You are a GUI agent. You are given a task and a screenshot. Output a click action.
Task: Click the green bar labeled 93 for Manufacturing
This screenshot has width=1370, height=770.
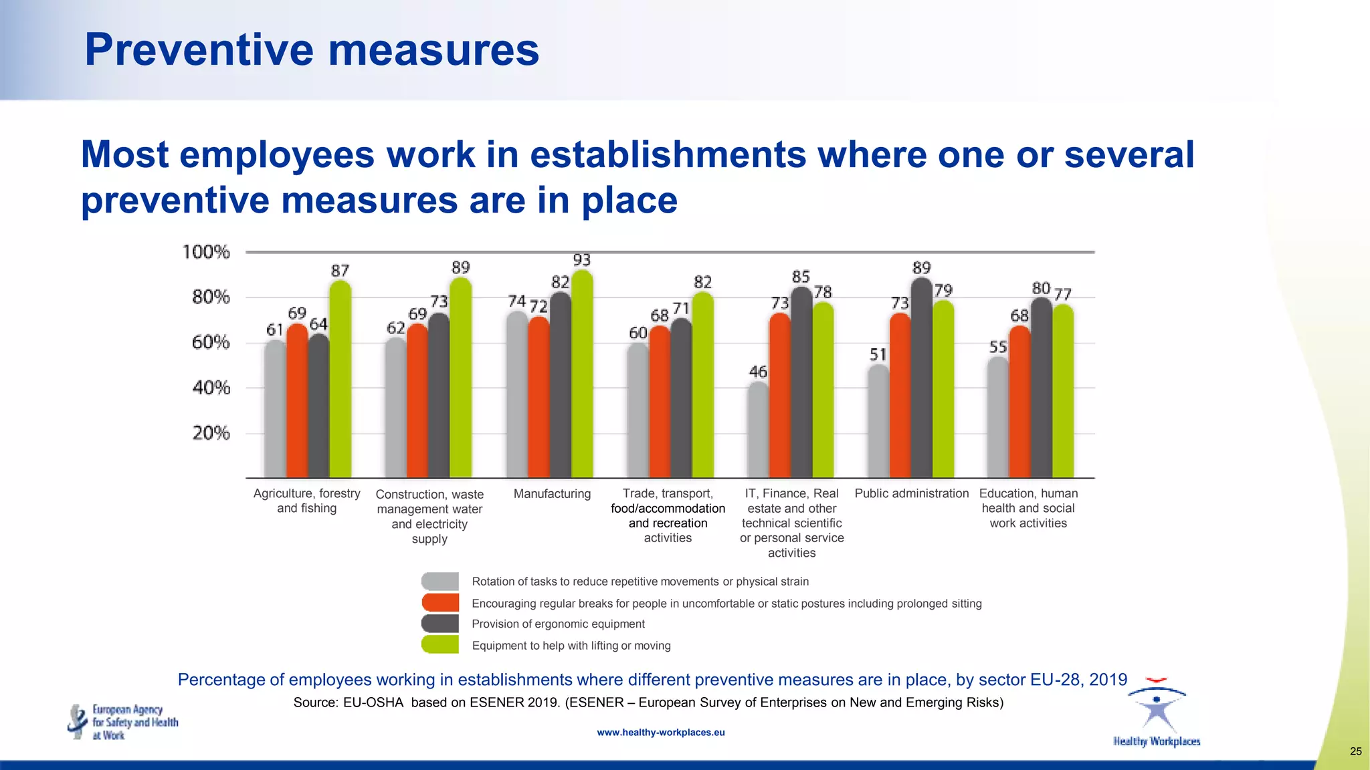(x=582, y=374)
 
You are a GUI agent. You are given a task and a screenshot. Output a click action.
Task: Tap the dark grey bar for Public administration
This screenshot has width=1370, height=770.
(x=922, y=378)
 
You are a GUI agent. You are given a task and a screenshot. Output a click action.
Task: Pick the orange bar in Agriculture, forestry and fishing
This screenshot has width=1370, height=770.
(x=297, y=401)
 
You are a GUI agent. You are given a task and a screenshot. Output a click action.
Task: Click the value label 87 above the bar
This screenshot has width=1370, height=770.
(x=340, y=271)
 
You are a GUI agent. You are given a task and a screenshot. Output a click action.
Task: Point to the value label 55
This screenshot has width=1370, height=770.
(x=998, y=348)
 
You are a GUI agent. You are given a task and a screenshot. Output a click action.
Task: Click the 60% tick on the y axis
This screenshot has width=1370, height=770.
(x=211, y=343)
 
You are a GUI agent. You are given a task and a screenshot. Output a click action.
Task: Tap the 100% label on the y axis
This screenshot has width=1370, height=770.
(x=206, y=252)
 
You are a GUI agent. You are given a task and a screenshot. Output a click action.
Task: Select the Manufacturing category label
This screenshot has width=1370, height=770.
(x=552, y=494)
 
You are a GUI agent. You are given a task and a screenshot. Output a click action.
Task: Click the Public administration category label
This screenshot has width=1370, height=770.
(x=911, y=493)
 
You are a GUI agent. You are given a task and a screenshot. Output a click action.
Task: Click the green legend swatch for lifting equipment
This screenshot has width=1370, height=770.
(x=440, y=644)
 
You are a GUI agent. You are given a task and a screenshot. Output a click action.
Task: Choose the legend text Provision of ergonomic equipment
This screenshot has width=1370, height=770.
(x=558, y=624)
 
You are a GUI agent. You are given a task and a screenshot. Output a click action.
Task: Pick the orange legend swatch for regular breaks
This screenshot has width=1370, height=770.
(x=440, y=602)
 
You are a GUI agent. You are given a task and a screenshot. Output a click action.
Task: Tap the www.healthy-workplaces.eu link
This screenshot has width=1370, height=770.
(x=660, y=733)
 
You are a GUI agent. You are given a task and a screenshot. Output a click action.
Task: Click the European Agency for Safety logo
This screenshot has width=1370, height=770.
(x=123, y=722)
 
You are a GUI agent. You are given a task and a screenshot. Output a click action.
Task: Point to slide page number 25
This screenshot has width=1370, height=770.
(x=1355, y=751)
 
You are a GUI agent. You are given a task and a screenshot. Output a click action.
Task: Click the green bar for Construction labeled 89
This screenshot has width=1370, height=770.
(x=460, y=378)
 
